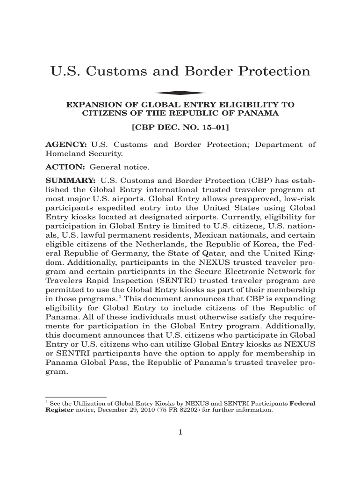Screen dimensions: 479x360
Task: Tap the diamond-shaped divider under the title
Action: pos(180,93)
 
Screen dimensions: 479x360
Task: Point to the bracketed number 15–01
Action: pos(213,127)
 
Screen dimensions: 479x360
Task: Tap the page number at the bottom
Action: pos(180,432)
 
